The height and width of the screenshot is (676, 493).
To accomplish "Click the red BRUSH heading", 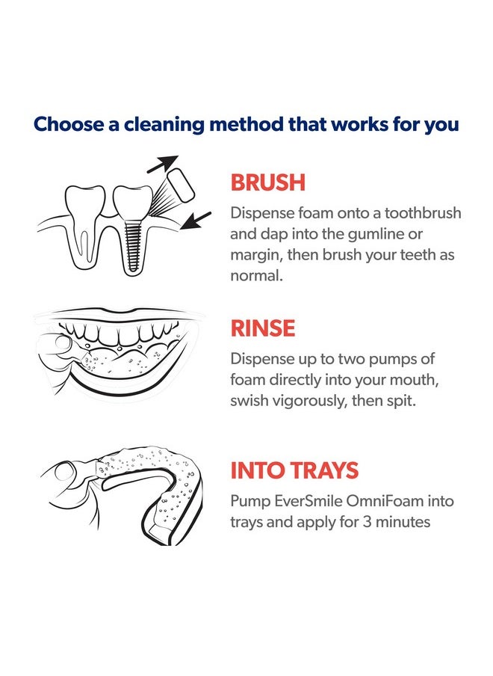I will (x=267, y=182).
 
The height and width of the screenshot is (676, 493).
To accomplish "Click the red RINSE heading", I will (x=263, y=328).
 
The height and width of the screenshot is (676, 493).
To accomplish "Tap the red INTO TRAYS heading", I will (x=294, y=470).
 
